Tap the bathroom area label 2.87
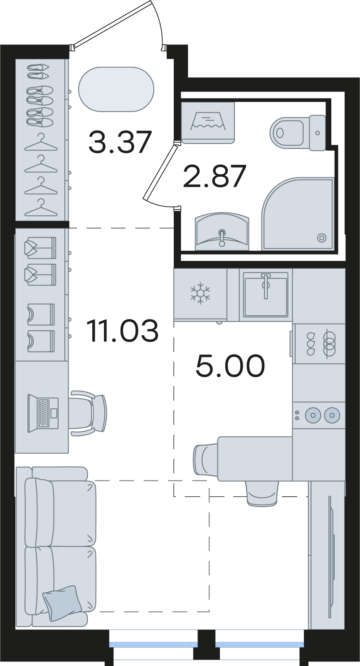click(215, 176)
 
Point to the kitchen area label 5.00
click(230, 366)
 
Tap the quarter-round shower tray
click(298, 214)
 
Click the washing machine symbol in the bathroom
click(208, 123)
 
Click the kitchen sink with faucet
click(266, 295)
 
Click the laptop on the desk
click(43, 413)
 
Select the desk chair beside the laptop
click(88, 413)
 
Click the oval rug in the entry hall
click(116, 89)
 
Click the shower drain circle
click(322, 238)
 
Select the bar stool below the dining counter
click(263, 493)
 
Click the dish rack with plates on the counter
click(319, 344)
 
